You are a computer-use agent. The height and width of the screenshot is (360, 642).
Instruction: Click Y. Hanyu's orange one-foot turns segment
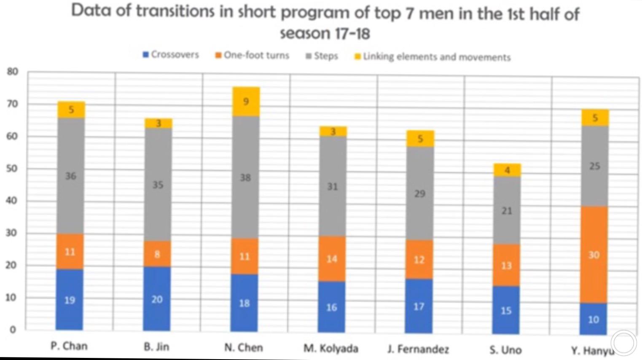(594, 255)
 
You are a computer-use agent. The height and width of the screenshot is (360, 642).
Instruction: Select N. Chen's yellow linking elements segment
(246, 102)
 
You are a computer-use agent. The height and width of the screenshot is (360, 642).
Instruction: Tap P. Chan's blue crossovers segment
(70, 300)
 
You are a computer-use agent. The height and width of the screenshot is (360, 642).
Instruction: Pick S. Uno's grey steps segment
(507, 210)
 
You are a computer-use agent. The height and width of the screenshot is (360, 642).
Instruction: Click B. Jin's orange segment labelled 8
(157, 254)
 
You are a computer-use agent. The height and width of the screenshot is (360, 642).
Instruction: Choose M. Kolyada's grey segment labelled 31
(332, 186)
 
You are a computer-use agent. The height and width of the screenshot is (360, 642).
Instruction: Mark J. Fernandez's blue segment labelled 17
(419, 306)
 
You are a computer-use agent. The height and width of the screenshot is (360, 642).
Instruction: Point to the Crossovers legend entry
(171, 55)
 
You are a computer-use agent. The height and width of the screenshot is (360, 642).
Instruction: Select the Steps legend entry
(322, 56)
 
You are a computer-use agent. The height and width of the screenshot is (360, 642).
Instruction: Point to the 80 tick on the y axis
(13, 72)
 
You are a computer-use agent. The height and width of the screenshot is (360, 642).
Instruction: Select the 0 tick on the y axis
(13, 330)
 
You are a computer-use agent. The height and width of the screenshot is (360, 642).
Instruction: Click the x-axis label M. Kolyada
(331, 349)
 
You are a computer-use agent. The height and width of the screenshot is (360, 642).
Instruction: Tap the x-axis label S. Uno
(505, 350)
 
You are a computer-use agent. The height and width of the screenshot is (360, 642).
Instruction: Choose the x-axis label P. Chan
(69, 346)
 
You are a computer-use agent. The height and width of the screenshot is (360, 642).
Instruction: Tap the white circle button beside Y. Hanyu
(624, 343)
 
